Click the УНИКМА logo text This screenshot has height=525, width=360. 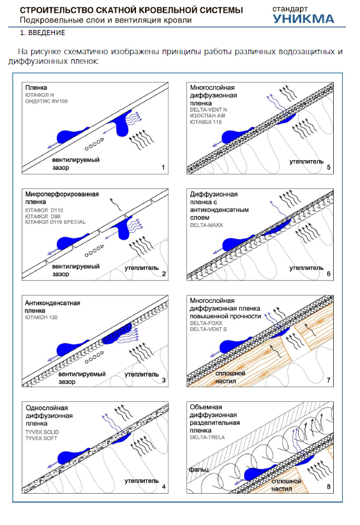[303, 19]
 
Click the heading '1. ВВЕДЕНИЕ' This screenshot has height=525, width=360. [43, 33]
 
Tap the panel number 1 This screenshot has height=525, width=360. [163, 167]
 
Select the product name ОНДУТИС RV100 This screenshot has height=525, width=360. [47, 101]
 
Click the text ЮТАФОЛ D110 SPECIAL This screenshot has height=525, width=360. [56, 222]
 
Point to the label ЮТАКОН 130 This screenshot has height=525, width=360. [41, 318]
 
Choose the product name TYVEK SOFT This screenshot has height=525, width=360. [41, 438]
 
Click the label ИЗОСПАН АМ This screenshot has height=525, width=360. [207, 116]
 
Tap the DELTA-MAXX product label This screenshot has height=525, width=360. [206, 225]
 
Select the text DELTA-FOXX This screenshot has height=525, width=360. [206, 323]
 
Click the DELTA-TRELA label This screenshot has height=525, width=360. [207, 437]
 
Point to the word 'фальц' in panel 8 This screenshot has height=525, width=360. [199, 470]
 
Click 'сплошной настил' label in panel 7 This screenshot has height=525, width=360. [230, 377]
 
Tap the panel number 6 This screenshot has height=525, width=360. [329, 274]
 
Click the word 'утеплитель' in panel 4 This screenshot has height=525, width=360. [142, 481]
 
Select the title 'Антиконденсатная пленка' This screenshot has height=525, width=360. [52, 307]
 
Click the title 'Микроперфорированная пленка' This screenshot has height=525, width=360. [62, 198]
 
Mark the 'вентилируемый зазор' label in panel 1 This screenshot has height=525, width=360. [76, 164]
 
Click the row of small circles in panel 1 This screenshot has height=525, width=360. [94, 144]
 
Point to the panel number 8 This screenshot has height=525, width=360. [329, 487]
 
